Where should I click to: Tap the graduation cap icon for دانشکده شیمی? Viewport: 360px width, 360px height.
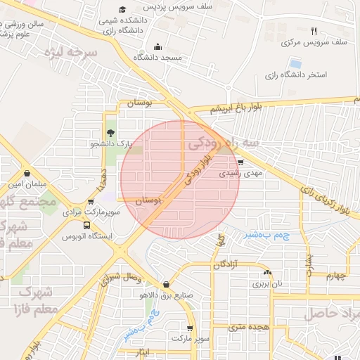(x=123, y=9)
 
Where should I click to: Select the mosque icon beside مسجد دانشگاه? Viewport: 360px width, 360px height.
(x=156, y=46)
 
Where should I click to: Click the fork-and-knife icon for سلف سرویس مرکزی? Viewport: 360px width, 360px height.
(x=314, y=31)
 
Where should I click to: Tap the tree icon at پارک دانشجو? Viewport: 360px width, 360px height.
(x=110, y=132)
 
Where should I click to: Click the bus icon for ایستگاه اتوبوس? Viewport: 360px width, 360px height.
(x=86, y=226)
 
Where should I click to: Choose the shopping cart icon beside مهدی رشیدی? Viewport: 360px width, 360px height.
(x=241, y=161)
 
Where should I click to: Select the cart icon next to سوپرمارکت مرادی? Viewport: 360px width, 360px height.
(x=91, y=202)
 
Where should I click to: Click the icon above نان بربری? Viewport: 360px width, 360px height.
(x=266, y=272)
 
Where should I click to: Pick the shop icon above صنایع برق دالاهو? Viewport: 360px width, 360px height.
(x=166, y=284)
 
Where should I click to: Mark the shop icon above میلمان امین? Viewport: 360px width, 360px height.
(x=27, y=173)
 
